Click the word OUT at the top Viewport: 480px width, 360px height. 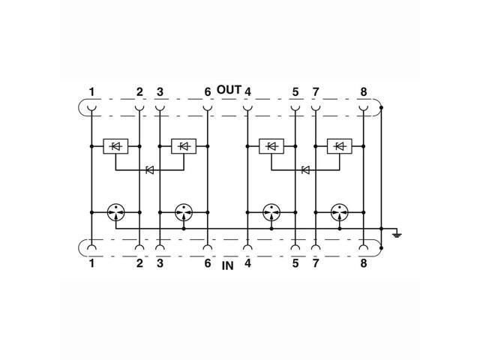(x=229, y=90)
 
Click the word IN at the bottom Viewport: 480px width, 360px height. (x=228, y=266)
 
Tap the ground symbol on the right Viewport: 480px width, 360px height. (x=397, y=235)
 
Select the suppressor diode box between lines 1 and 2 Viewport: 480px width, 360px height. (x=115, y=145)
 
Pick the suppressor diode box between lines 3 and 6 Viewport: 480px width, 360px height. (x=184, y=145)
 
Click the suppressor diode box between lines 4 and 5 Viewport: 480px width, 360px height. (x=271, y=145)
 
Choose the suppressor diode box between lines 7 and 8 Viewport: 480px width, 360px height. (x=340, y=145)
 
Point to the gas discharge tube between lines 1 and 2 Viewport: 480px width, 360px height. (x=115, y=212)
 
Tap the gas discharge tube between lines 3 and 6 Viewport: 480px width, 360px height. (x=184, y=212)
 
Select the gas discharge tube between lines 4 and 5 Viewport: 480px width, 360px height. (x=271, y=212)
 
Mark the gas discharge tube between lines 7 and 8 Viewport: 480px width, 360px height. (x=340, y=212)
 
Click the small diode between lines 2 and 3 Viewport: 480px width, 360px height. (x=149, y=170)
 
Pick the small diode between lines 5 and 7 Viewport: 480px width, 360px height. (x=306, y=170)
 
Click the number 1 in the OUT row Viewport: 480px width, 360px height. (x=91, y=92)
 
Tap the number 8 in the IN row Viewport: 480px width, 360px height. (x=364, y=265)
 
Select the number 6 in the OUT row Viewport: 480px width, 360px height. (x=207, y=92)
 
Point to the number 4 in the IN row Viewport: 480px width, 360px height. (x=247, y=265)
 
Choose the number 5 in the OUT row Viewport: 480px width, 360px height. (x=295, y=92)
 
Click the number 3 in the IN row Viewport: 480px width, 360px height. (x=160, y=265)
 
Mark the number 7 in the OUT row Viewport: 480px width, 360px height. (x=316, y=92)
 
